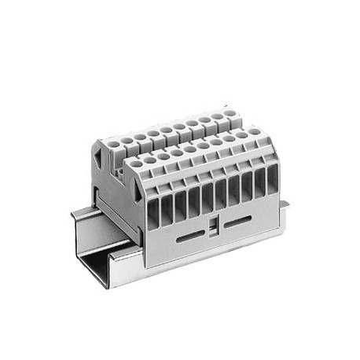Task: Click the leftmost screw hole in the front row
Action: tap(136, 163)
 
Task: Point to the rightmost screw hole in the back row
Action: tap(229, 113)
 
